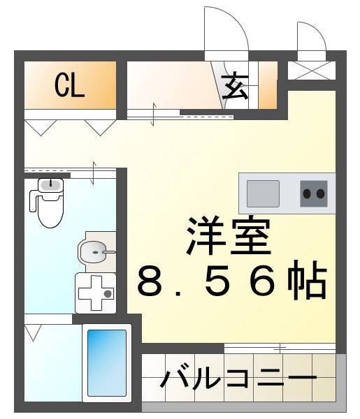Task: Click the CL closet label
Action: (70, 86)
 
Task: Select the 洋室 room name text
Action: (228, 237)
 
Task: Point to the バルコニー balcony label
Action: (238, 381)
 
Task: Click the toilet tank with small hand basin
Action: (50, 186)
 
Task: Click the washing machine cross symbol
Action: (94, 294)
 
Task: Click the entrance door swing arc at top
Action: (227, 28)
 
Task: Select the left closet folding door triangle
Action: (40, 126)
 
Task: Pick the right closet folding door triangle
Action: (101, 126)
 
